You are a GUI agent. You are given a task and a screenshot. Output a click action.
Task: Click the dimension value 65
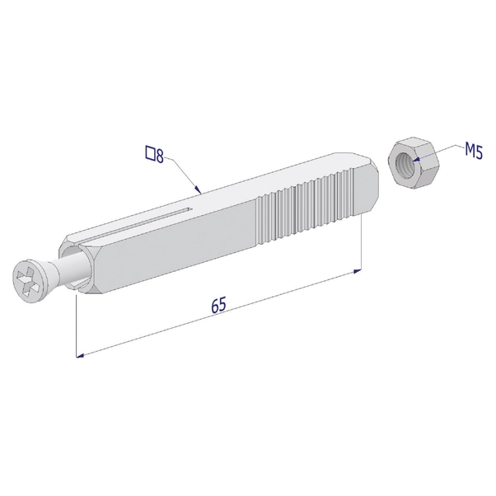pos(218,306)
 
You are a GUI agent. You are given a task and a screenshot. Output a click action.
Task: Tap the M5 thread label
pos(473,151)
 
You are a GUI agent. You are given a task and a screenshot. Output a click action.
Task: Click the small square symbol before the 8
pos(150,152)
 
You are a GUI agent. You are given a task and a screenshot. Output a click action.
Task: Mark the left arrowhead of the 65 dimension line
pos(81,356)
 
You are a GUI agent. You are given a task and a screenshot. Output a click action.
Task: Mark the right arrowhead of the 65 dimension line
pos(356,269)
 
